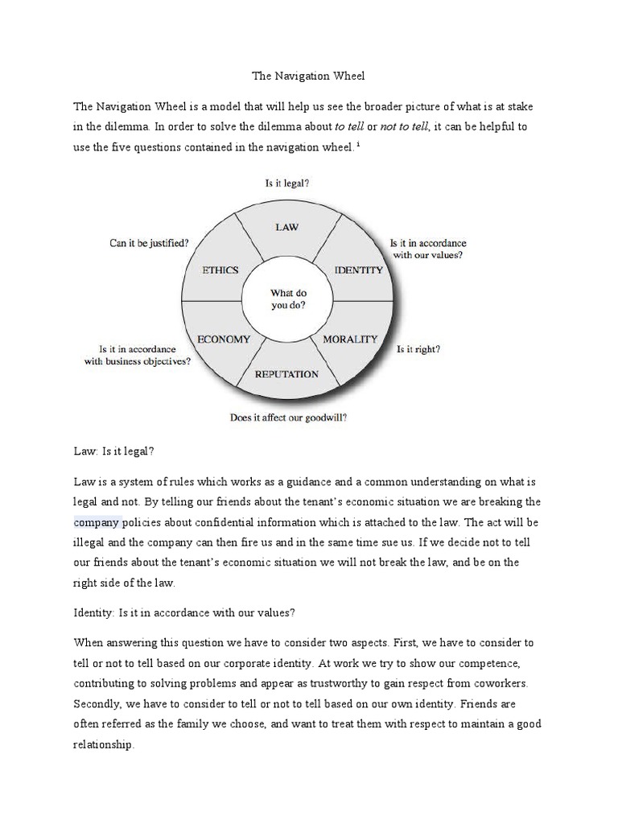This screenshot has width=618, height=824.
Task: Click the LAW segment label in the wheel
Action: tap(286, 227)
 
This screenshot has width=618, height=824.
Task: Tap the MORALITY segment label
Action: tap(350, 339)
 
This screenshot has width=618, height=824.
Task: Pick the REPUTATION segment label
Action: tap(286, 373)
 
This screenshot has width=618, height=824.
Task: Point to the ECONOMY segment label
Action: tap(224, 339)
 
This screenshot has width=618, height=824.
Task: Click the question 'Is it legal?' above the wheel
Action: tap(287, 183)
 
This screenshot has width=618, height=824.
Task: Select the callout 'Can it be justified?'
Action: tap(149, 242)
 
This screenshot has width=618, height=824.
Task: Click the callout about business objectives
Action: tap(138, 355)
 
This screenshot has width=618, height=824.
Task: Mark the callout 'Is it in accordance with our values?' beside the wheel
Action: tap(427, 249)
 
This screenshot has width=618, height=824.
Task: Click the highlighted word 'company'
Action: tap(97, 521)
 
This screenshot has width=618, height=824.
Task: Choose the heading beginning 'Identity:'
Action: tap(184, 612)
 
